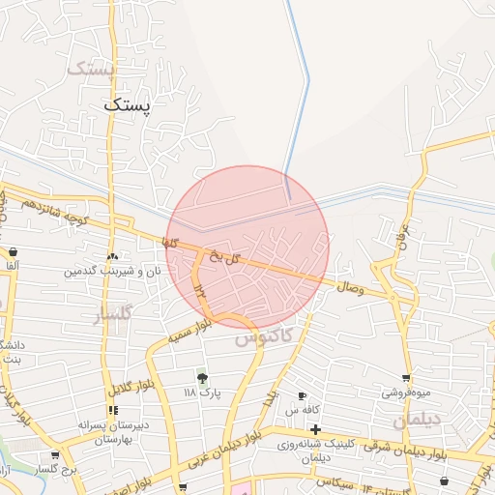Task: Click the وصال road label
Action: (349, 286)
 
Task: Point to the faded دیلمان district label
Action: (418, 422)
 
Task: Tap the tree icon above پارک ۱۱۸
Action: (202, 377)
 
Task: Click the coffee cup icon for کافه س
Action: (303, 396)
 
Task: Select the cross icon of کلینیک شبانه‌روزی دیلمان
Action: (315, 428)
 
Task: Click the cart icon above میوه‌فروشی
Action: (405, 378)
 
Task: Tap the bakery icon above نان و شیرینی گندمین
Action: (114, 257)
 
